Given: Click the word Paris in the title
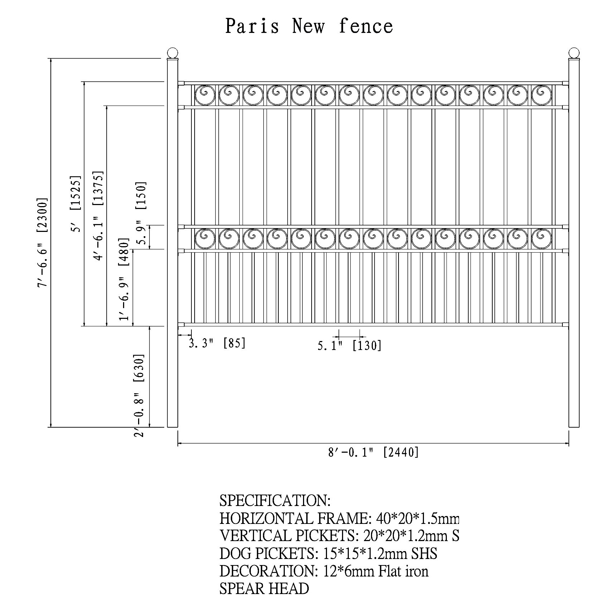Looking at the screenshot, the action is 252,26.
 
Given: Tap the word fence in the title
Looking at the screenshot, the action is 366,26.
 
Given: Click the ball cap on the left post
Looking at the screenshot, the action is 172,53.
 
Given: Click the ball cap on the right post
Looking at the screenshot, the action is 574,53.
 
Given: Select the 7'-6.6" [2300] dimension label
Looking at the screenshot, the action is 42,243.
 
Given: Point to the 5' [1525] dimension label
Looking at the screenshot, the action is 76,204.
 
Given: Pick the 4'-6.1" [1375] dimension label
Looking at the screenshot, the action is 98,216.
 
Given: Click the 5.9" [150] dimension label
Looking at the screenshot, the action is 141,213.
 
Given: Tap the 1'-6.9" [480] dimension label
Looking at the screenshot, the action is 123,279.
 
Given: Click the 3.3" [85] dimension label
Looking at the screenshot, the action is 217,343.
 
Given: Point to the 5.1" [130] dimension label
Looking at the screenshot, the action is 350,345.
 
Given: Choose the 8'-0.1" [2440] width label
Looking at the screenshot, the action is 374,452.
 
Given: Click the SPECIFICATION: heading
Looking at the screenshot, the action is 275,500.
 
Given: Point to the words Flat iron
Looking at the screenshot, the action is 403,571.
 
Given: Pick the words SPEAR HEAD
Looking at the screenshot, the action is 264,588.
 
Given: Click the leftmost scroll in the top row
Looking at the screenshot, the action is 205,95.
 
